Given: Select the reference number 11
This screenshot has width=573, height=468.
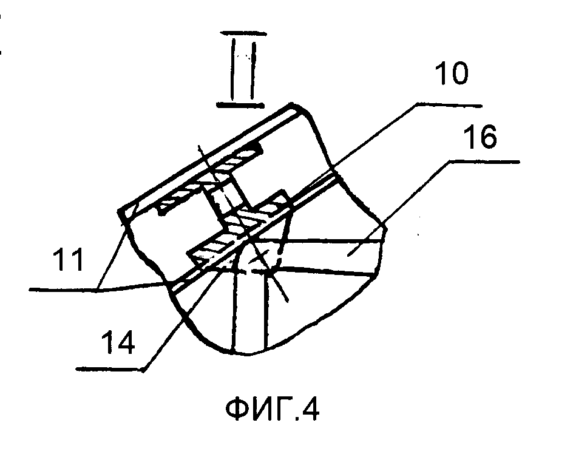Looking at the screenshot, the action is pyautogui.click(x=69, y=259).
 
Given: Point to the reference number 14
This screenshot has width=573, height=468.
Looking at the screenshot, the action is pyautogui.click(x=118, y=342).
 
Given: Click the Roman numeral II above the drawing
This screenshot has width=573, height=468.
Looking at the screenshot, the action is pyautogui.click(x=243, y=69).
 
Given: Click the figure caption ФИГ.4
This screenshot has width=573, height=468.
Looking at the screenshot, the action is pyautogui.click(x=273, y=409).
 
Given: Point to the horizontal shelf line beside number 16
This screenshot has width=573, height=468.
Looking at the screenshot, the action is pyautogui.click(x=484, y=161).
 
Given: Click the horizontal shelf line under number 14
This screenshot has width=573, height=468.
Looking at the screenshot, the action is pyautogui.click(x=110, y=370).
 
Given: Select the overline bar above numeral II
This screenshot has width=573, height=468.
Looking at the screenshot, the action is pyautogui.click(x=243, y=34).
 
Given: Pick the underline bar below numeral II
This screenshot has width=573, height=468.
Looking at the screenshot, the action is pyautogui.click(x=240, y=105).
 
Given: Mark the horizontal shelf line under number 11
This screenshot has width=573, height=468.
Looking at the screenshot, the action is pyautogui.click(x=64, y=290).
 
